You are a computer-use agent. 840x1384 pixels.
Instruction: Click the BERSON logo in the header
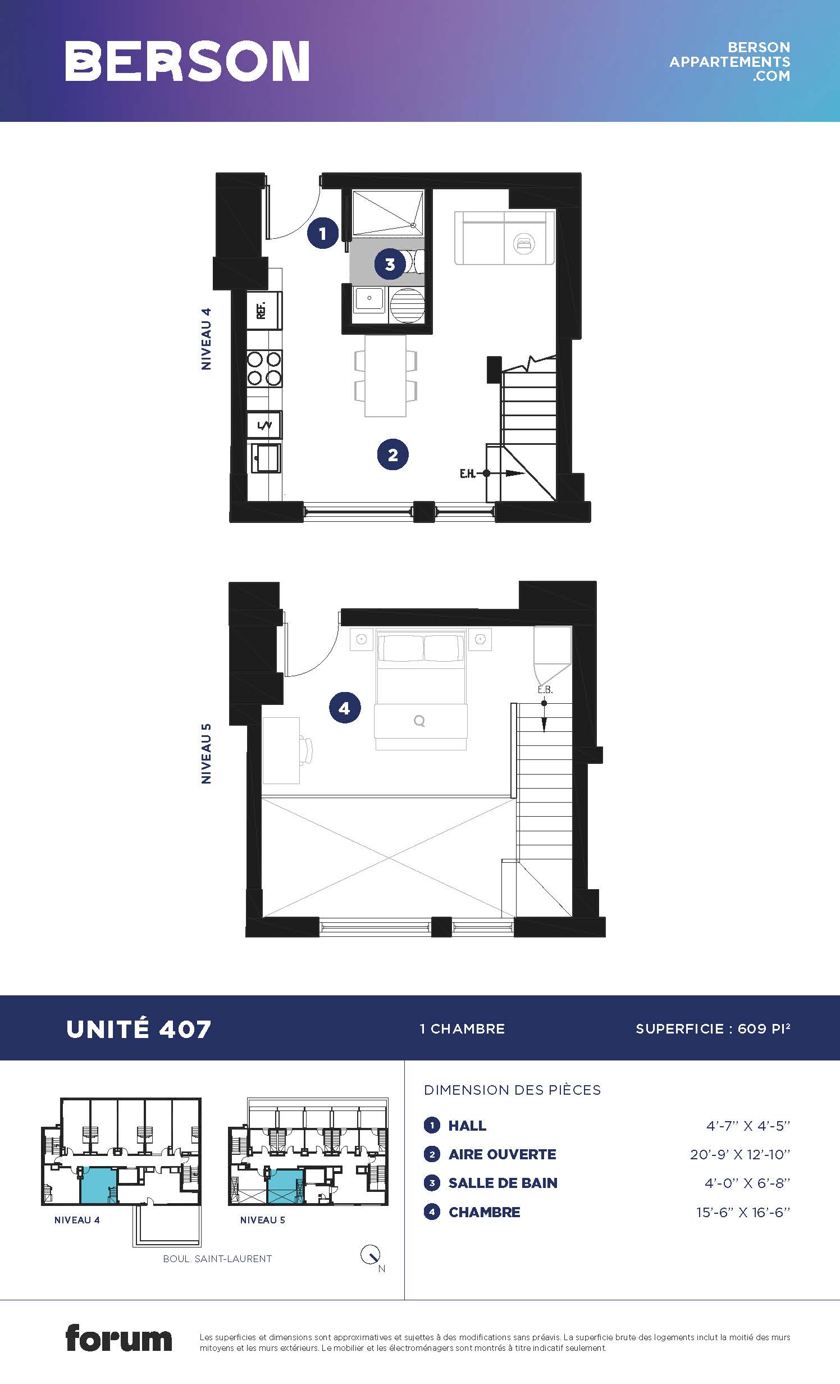pyautogui.click(x=187, y=61)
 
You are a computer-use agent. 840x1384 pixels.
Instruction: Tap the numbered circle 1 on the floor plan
pyautogui.click(x=322, y=233)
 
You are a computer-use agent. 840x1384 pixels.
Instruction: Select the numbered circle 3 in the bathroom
pyautogui.click(x=390, y=264)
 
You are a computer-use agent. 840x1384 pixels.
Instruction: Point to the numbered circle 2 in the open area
pyautogui.click(x=392, y=454)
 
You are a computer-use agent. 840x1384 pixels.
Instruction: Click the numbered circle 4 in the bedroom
pyautogui.click(x=344, y=708)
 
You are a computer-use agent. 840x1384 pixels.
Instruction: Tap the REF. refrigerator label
pyautogui.click(x=261, y=310)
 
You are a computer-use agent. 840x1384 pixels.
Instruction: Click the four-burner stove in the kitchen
pyautogui.click(x=264, y=368)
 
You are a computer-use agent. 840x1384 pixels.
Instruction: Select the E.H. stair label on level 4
pyautogui.click(x=467, y=474)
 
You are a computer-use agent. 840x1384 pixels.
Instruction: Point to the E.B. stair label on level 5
pyautogui.click(x=545, y=690)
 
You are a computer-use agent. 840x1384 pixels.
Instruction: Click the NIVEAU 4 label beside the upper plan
pyautogui.click(x=206, y=339)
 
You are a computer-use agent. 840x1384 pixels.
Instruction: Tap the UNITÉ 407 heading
pyautogui.click(x=138, y=1030)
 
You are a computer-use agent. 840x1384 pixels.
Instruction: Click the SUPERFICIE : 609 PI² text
pyautogui.click(x=713, y=1028)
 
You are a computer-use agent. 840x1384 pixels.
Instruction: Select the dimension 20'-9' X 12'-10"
pyautogui.click(x=740, y=1154)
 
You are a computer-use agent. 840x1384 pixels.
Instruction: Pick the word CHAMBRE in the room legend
pyautogui.click(x=485, y=1212)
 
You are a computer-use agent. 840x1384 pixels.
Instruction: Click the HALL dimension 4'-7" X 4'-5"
pyautogui.click(x=748, y=1126)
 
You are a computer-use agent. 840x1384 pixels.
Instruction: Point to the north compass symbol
pyautogui.click(x=371, y=1255)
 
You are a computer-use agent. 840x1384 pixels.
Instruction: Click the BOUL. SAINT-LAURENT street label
pyautogui.click(x=217, y=1259)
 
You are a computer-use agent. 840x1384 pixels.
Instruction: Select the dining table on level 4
pyautogui.click(x=385, y=376)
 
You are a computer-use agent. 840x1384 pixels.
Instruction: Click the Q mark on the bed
pyautogui.click(x=419, y=721)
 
